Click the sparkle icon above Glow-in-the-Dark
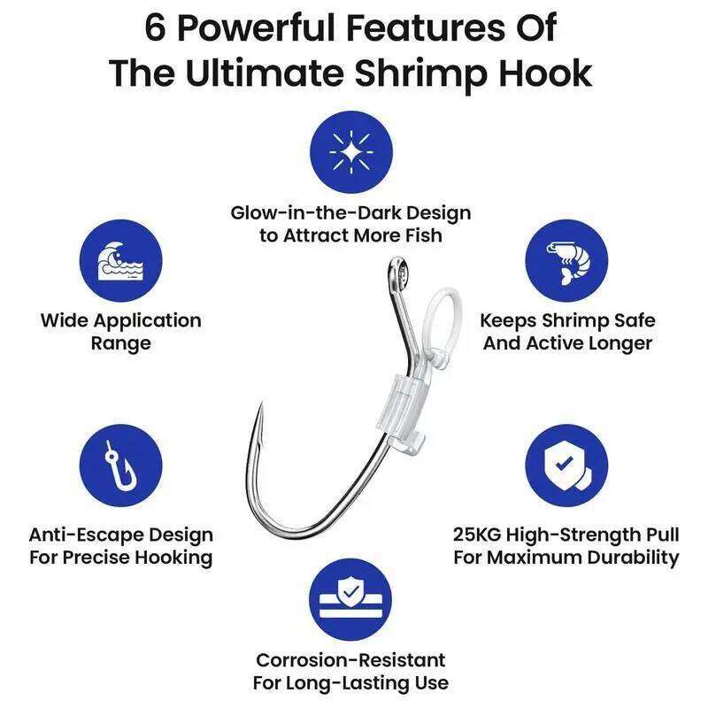coord(351,153)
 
